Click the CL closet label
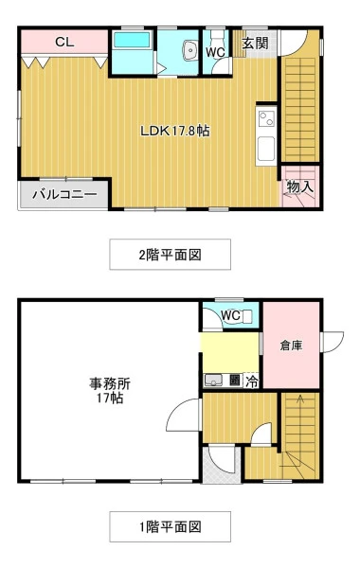[64, 42]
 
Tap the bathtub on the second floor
[132, 40]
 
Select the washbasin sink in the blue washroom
[189, 50]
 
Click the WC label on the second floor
[215, 52]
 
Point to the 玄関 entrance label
[255, 44]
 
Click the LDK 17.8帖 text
[174, 131]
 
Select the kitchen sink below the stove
[266, 149]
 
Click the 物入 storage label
[299, 186]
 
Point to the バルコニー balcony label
[64, 194]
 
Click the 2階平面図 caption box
[170, 255]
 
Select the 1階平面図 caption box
[170, 526]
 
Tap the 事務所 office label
[110, 383]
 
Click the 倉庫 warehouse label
[291, 346]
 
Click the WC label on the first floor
[230, 315]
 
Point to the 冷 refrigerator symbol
[252, 382]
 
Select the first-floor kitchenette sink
[213, 381]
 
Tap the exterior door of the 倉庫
[333, 342]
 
